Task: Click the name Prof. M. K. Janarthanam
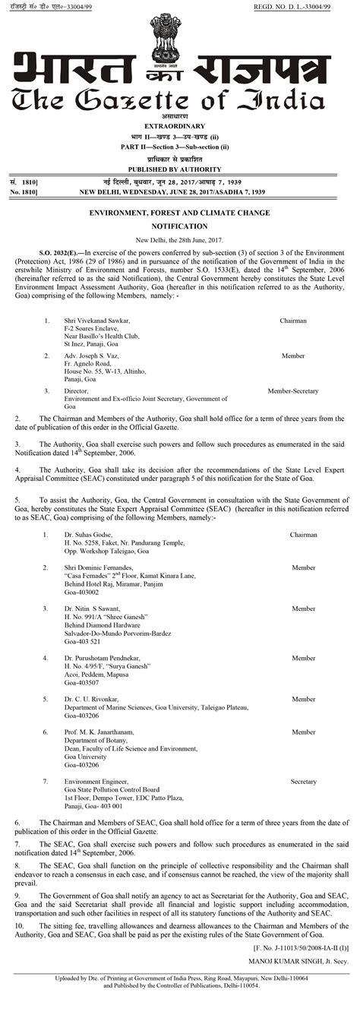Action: pos(100,732)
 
